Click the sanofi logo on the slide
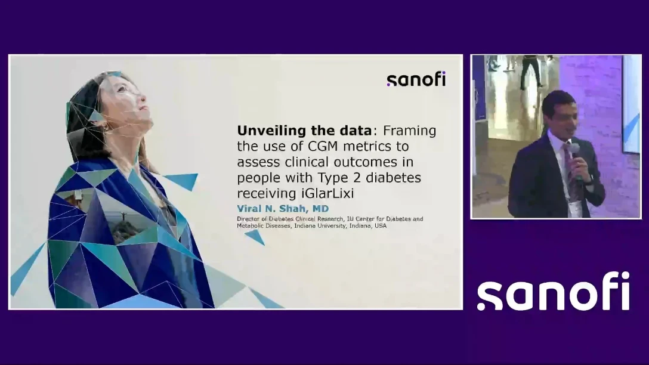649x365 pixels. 416,79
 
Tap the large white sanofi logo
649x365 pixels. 554,290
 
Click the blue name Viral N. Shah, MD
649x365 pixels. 283,209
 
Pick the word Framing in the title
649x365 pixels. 409,131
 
